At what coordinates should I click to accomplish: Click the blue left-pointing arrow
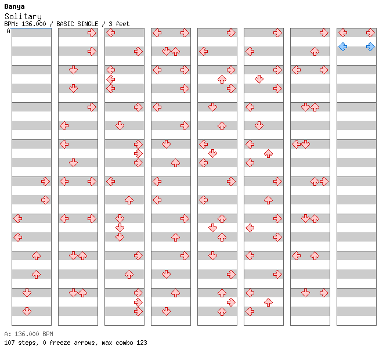pos(343,47)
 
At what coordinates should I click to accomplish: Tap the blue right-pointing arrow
pos(370,47)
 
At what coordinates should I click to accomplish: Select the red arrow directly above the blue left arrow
pos(343,33)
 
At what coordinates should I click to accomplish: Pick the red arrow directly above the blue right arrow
pos(370,33)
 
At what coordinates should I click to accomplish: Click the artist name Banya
pos(15,7)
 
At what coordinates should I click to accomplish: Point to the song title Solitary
pos(23,17)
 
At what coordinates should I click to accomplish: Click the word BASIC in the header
pos(65,24)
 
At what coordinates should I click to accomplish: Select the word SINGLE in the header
pos(88,24)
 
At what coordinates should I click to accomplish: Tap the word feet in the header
pos(122,24)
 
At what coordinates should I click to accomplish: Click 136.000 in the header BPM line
pos(34,24)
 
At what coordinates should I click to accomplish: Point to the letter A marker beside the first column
pos(9,31)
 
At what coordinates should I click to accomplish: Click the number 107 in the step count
pos(9,343)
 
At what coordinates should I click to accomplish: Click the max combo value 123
pos(142,343)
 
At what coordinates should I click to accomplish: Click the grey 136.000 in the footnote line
pos(27,334)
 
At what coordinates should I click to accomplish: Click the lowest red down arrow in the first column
pos(27,311)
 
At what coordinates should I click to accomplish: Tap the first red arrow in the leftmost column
pos(45,181)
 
